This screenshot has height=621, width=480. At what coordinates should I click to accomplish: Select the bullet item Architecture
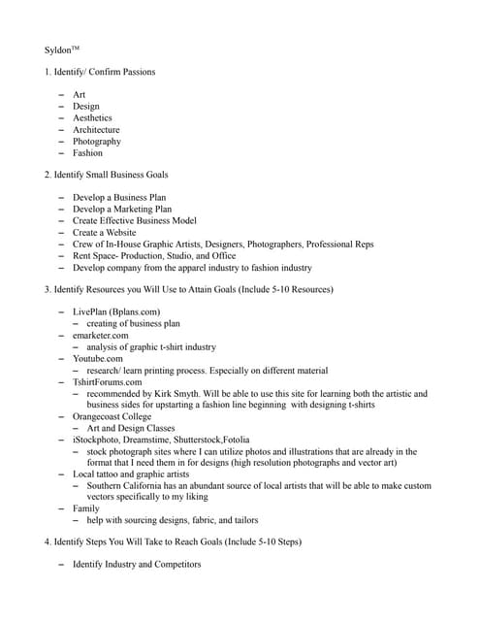point(96,129)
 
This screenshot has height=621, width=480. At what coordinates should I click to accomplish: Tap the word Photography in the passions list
point(97,141)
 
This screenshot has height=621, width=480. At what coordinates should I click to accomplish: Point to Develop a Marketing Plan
point(122,209)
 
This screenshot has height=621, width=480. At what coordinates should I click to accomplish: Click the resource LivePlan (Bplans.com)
point(116,311)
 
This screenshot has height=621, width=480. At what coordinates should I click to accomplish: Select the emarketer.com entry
point(100,335)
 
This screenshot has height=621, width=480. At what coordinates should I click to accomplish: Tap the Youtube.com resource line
point(98,358)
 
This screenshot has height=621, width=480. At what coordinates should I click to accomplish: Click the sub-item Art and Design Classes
point(131,428)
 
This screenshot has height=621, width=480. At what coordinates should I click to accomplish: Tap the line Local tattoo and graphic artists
point(131,474)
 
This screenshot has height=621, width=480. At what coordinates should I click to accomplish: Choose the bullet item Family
point(87,507)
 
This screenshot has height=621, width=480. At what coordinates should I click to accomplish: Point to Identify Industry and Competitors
point(137,564)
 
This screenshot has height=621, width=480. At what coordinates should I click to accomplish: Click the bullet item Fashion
point(87,152)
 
